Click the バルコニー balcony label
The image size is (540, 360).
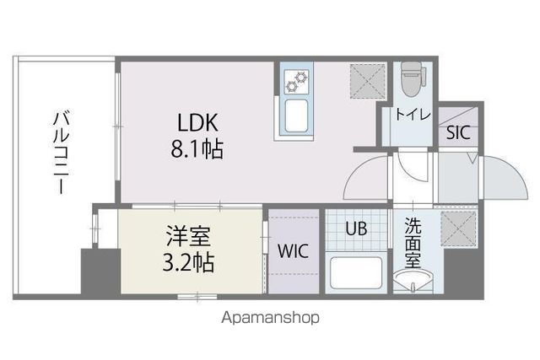point(61,152)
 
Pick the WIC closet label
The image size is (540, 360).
point(293,251)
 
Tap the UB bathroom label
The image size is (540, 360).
point(355,227)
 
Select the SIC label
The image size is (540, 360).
point(456,132)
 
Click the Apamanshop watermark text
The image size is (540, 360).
point(270,319)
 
